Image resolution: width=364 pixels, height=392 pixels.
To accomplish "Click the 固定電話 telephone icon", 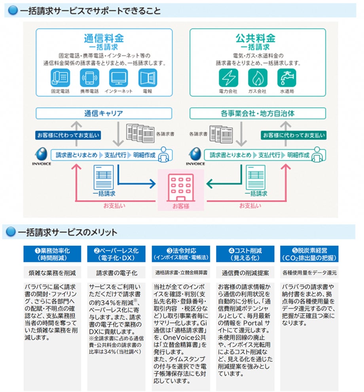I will click(60, 78).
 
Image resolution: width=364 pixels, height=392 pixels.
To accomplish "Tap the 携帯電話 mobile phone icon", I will click(89, 78).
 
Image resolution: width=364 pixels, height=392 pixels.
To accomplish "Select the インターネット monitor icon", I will click(119, 78).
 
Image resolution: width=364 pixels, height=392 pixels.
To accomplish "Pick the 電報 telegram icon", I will click(148, 78).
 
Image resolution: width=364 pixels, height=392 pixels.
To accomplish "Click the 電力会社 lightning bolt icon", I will click(228, 78).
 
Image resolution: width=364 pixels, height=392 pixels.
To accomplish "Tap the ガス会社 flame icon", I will click(258, 78).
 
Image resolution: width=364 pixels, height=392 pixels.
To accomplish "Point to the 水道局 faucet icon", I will click(287, 78).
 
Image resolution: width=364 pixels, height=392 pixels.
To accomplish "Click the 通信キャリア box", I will click(104, 114).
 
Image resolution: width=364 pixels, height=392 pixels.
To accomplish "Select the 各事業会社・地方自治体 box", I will click(258, 114).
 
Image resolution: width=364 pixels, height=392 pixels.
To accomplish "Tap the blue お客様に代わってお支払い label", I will click(68, 135).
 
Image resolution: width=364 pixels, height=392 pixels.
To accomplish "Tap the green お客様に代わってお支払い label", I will click(294, 135).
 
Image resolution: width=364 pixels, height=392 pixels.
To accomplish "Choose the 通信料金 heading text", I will click(104, 38).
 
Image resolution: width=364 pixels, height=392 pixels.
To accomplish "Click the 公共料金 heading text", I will click(258, 38).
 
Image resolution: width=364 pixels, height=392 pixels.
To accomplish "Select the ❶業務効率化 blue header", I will click(52, 254).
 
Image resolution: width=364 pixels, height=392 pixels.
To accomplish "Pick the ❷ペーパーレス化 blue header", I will click(116, 254).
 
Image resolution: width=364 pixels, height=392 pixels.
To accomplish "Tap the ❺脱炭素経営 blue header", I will click(309, 254).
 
